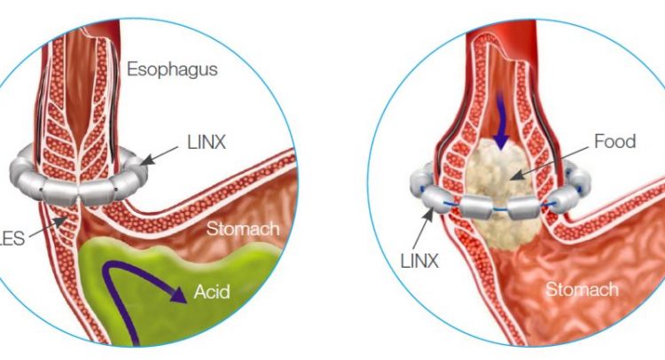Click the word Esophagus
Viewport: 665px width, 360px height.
(172, 69)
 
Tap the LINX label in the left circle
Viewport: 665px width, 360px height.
(207, 143)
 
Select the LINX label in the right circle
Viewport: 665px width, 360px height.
(419, 262)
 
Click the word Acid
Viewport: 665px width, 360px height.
(212, 292)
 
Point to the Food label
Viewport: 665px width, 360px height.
(615, 141)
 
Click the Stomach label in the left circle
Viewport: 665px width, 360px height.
(243, 229)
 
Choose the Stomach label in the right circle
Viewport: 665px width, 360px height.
(582, 290)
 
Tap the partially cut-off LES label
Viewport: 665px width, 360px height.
(12, 239)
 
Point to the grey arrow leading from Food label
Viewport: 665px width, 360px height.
(548, 163)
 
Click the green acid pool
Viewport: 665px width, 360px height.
(178, 293)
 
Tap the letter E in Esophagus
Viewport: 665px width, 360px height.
(133, 68)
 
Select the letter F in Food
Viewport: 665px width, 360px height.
(599, 141)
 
